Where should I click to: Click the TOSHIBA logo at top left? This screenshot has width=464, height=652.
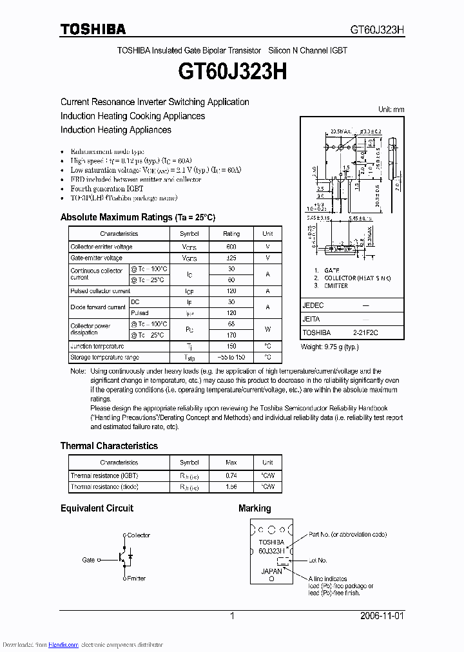[x=93, y=29]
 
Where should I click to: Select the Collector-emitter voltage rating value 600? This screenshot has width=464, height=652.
[x=231, y=247]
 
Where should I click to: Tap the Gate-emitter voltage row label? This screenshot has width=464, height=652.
[x=96, y=258]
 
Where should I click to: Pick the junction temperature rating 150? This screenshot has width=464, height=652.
[x=231, y=346]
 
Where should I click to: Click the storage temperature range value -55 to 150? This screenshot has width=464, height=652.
[x=231, y=357]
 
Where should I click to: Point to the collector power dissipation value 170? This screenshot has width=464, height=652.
[x=231, y=335]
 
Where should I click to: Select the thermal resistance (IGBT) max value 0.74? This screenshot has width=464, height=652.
[x=231, y=475]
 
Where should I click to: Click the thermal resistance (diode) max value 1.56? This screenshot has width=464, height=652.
[x=231, y=486]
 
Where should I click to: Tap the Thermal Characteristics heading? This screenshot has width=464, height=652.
[x=109, y=446]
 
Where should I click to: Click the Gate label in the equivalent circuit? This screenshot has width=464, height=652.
[x=88, y=560]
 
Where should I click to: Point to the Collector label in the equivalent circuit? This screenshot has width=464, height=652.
[x=139, y=535]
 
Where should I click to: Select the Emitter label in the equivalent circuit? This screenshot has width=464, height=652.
[x=136, y=579]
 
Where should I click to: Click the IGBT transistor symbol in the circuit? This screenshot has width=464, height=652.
[x=121, y=558]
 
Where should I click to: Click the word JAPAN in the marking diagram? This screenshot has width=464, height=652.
[x=271, y=571]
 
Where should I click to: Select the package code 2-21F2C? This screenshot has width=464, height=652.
[x=366, y=332]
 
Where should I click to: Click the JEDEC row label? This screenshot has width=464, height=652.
[x=313, y=305]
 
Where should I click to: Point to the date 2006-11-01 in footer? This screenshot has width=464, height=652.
[x=382, y=616]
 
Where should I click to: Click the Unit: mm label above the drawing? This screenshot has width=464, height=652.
[x=391, y=110]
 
